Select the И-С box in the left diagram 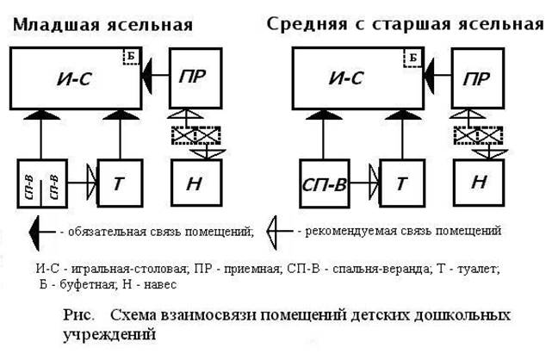(x=77, y=78)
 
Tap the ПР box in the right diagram (x=479, y=78)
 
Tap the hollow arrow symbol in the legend (x=275, y=232)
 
